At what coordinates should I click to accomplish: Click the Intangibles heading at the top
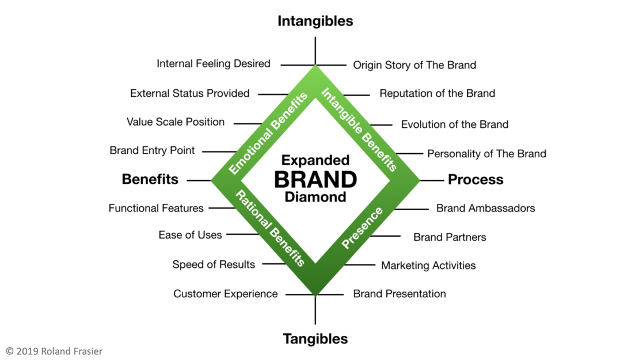(315, 21)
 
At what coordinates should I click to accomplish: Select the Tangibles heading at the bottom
(315, 339)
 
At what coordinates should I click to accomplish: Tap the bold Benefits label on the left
(150, 180)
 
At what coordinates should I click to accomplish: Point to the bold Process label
(476, 180)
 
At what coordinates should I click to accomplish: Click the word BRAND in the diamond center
(315, 179)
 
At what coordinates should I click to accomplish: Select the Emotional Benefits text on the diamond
(268, 133)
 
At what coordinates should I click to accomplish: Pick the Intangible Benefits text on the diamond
(359, 129)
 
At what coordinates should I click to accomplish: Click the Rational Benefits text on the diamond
(269, 228)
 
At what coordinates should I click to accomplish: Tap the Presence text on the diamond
(362, 228)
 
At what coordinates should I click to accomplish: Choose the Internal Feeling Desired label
(213, 64)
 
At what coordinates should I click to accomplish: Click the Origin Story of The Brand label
(414, 65)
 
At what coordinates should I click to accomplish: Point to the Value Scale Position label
(176, 122)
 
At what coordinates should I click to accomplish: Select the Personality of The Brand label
(486, 154)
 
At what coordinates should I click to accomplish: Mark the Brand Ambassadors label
(485, 208)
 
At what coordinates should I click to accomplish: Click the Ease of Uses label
(190, 235)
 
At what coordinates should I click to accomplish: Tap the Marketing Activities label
(428, 266)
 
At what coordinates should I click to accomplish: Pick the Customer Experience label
(225, 294)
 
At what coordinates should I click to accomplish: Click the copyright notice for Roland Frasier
(54, 351)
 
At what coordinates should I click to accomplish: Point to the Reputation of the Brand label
(437, 93)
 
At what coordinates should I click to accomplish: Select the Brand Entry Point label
(152, 151)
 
